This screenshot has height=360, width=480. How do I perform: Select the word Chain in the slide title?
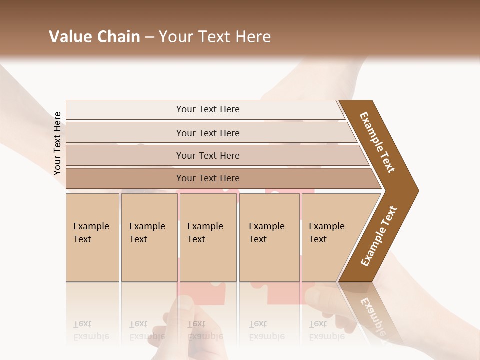[118, 37]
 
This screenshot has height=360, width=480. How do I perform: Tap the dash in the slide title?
[149, 37]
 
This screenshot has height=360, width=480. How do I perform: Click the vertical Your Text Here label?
[57, 143]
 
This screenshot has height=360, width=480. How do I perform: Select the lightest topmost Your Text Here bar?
[207, 109]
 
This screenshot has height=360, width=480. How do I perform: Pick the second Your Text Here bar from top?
[207, 133]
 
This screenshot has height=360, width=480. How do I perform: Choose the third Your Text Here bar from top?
[207, 155]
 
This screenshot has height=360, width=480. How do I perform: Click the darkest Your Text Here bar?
[207, 178]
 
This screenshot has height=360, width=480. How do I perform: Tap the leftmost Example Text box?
[92, 237]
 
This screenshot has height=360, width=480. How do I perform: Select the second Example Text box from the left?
[149, 237]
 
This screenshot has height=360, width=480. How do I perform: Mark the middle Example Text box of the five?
[208, 237]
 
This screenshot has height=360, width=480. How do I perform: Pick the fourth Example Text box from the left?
[269, 237]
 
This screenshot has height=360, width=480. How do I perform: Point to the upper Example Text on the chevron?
[377, 142]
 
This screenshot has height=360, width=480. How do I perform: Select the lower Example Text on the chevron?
[379, 236]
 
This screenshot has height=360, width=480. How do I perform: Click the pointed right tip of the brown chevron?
[417, 191]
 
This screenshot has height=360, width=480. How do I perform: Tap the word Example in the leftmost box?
[91, 226]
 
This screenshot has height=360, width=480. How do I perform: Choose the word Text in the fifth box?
[318, 239]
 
